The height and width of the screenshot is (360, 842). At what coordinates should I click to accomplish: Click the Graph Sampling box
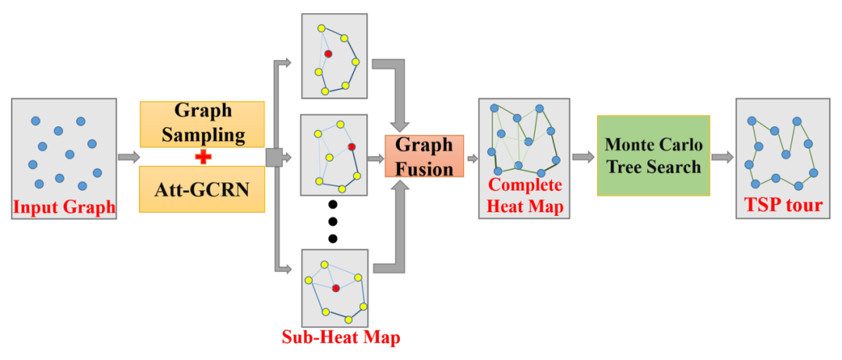coord(202,124)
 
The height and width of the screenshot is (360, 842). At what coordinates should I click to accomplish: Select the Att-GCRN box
coord(202,189)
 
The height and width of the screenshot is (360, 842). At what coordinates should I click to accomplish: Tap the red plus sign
coord(203,157)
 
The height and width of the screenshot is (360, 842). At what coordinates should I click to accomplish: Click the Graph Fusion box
coord(424,156)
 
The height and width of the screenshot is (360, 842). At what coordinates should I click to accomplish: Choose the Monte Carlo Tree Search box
coord(653,156)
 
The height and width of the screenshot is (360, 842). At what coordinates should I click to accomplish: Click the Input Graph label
coord(64,207)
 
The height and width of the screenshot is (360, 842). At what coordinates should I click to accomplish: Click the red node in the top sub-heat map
coord(328,54)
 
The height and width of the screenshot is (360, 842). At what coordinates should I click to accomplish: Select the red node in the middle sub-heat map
coord(352,146)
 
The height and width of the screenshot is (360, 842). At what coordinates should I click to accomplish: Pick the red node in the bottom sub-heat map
coord(335,288)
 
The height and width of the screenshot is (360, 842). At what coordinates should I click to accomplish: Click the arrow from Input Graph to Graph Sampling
coord(129,157)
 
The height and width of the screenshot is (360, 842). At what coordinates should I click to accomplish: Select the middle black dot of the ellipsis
coord(333,221)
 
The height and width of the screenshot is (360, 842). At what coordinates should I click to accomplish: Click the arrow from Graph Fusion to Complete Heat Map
coord(472,157)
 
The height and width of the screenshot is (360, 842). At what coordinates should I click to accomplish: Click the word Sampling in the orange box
coord(203,135)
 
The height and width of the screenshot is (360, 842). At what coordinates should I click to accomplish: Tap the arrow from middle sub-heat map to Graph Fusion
coord(376,157)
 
